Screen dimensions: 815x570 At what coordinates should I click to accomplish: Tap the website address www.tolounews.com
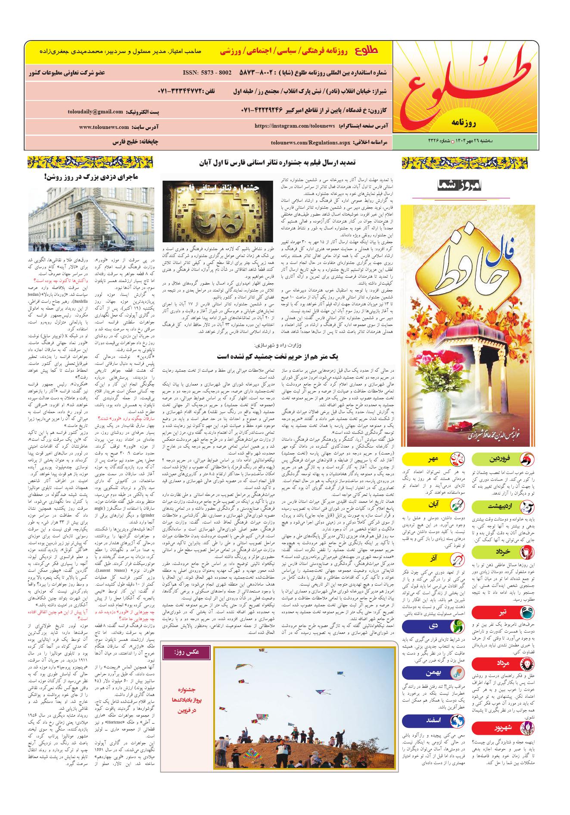click(104, 127)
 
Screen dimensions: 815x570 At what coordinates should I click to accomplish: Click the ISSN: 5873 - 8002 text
click(207, 72)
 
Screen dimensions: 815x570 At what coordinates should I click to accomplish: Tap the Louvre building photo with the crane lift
click(88, 218)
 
